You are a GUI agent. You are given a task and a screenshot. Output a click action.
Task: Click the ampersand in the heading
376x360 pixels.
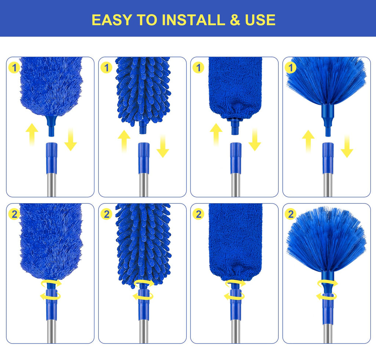point(235,20)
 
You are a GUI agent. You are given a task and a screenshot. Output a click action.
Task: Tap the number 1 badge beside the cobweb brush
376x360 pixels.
point(291,68)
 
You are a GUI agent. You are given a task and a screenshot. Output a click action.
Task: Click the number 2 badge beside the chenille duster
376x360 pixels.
point(106,214)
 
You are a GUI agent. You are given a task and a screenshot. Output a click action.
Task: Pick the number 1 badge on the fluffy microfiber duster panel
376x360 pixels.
point(14,68)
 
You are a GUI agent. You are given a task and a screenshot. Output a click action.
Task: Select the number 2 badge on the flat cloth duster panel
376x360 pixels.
point(198,214)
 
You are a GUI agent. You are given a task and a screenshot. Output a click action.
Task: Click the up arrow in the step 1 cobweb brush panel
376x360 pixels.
point(308,141)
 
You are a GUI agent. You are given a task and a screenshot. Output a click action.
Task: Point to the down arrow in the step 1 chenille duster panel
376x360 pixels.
point(163,146)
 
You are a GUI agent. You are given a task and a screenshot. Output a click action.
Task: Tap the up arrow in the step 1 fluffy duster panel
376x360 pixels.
point(32,134)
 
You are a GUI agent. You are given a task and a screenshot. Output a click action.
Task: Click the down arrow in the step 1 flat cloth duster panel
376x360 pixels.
point(255,139)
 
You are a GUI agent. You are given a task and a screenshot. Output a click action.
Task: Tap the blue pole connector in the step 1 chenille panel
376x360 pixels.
point(144,158)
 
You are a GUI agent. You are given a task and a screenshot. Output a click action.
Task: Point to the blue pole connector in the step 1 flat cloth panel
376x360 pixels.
point(236,158)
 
